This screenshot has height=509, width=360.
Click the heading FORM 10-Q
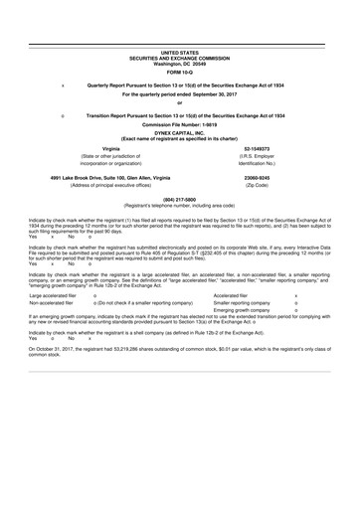coord(180,71)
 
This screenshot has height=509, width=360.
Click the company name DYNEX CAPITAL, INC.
coord(180,131)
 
